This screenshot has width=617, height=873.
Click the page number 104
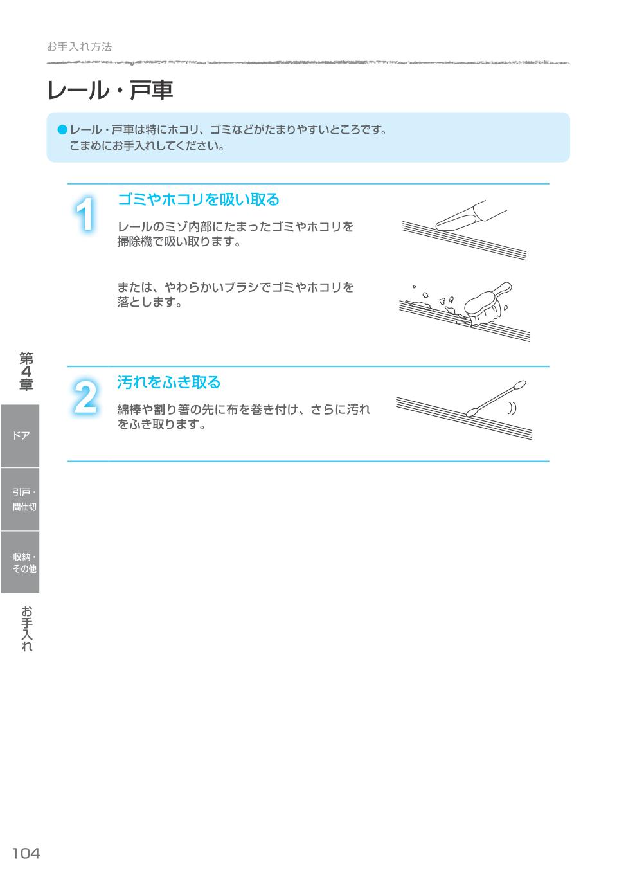click(x=26, y=853)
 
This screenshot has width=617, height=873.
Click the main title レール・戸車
click(x=110, y=91)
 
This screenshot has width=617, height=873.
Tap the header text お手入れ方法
click(x=79, y=47)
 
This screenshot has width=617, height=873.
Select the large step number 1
click(x=85, y=215)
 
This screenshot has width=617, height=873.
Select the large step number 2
click(x=85, y=397)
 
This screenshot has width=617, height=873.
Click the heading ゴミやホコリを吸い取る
click(x=198, y=200)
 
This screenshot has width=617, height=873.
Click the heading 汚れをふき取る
click(x=168, y=382)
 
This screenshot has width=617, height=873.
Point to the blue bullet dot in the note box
click(x=62, y=130)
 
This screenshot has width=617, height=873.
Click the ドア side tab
click(x=20, y=436)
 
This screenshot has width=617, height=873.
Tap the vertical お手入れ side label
click(x=26, y=628)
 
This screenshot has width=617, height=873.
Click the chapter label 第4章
click(x=26, y=372)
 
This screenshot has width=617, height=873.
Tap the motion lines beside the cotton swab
click(x=512, y=408)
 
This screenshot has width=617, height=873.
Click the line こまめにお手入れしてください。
click(x=147, y=146)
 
